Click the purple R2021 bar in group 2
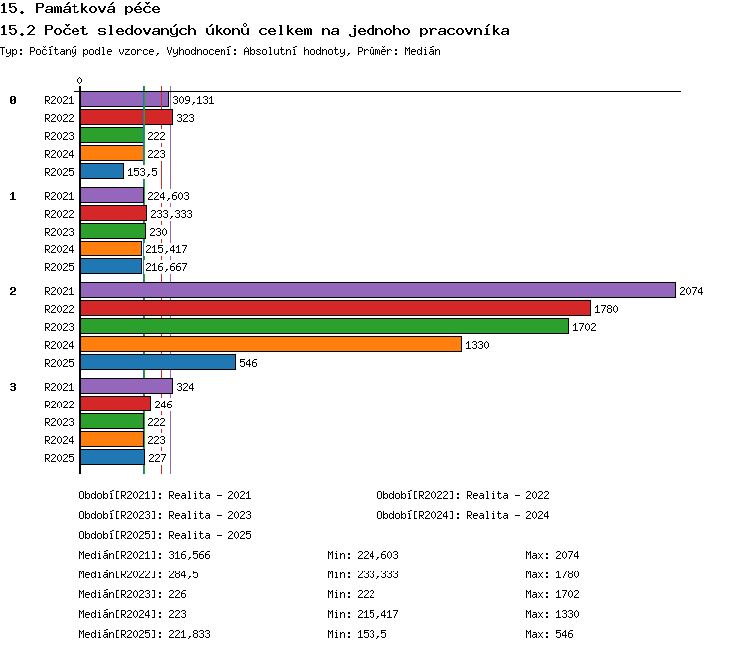(378, 290)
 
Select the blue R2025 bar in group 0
(102, 171)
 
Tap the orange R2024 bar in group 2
(271, 344)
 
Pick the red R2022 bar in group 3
(115, 404)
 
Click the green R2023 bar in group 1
(113, 232)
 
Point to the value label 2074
(691, 291)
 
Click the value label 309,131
(193, 100)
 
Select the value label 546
(248, 363)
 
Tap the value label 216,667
(166, 267)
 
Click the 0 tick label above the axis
(79, 81)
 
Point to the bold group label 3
(13, 387)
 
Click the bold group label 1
(13, 196)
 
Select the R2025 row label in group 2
(59, 363)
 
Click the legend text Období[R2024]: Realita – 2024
(463, 515)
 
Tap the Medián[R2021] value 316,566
(189, 555)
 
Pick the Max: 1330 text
(552, 614)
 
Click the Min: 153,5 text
(357, 634)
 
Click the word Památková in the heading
(75, 8)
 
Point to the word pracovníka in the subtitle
(464, 31)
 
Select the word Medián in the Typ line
(422, 51)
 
